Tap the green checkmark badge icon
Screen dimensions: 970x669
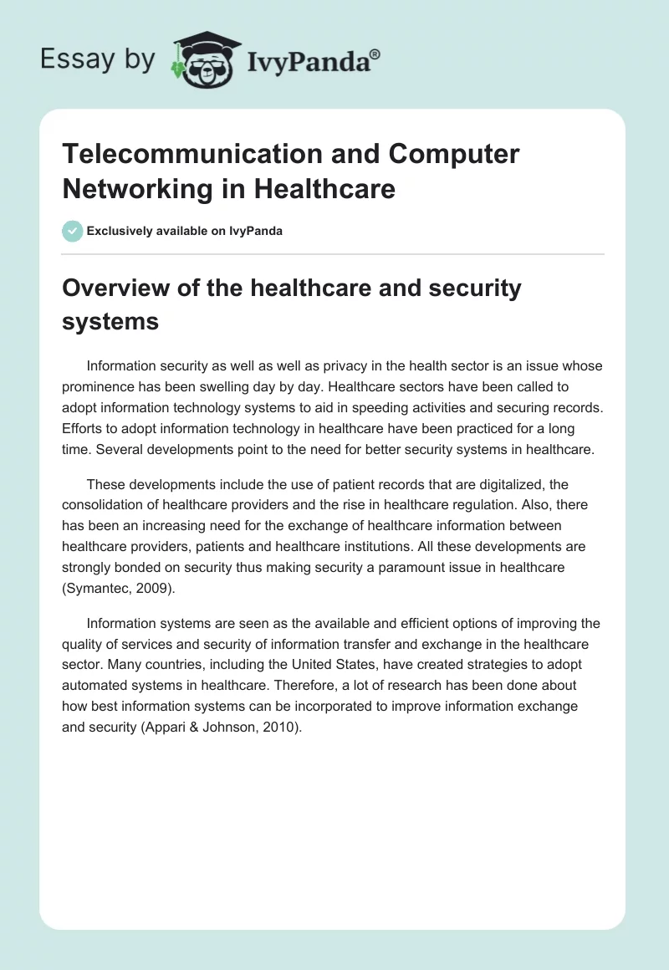(x=73, y=231)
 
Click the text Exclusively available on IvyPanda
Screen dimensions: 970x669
(x=185, y=231)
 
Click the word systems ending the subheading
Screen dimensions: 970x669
(x=110, y=322)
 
